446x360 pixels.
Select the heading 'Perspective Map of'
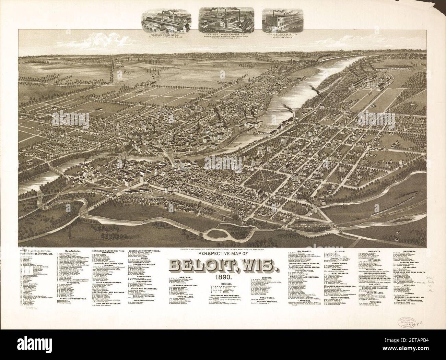[x=222, y=254]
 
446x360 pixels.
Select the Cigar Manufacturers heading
[x=108, y=291]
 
